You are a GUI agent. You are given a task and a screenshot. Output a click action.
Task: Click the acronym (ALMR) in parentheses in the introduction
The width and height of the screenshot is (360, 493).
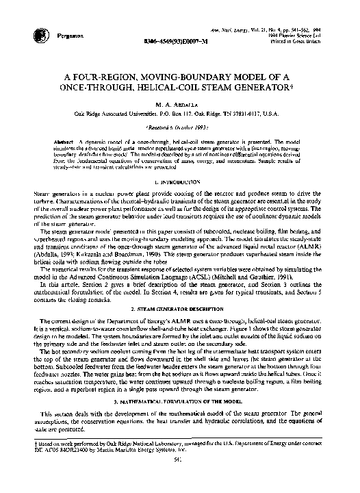coord(309,247)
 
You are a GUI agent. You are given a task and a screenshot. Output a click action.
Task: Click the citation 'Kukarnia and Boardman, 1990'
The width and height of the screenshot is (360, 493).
coord(120,254)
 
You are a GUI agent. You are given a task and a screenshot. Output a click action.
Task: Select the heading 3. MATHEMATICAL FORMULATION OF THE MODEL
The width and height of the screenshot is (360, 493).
coord(181,400)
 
